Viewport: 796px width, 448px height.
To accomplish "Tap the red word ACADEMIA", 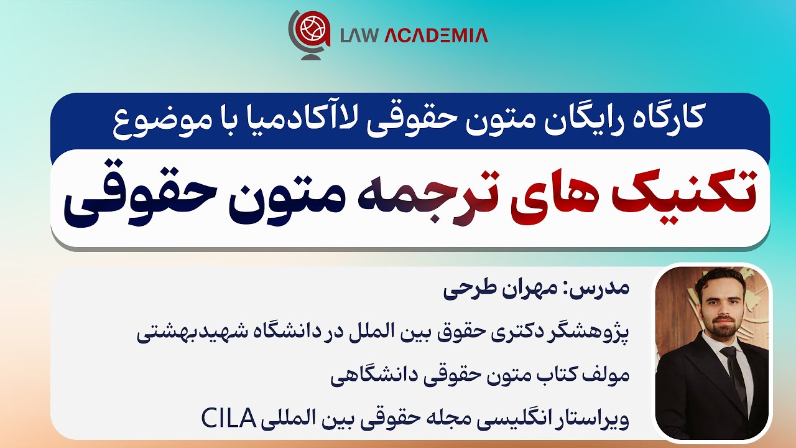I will tap(436, 35).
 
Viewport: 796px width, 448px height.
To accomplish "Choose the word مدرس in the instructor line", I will tap(606, 290).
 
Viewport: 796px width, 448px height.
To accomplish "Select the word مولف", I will tap(609, 375).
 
